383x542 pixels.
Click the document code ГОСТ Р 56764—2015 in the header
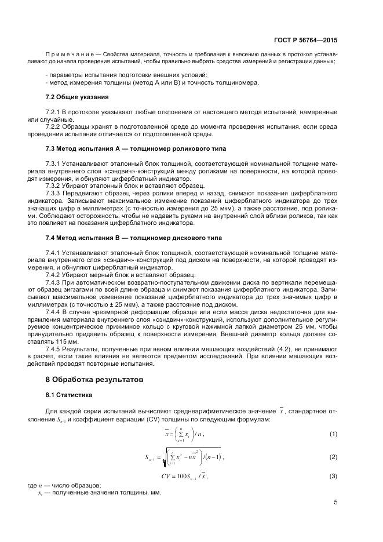(305, 41)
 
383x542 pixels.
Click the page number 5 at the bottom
(335, 503)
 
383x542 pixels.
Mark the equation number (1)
(333, 434)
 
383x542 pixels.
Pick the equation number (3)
(333, 476)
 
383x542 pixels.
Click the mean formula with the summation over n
(185, 434)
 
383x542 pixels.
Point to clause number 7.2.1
(53, 110)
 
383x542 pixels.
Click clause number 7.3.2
(53, 185)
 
